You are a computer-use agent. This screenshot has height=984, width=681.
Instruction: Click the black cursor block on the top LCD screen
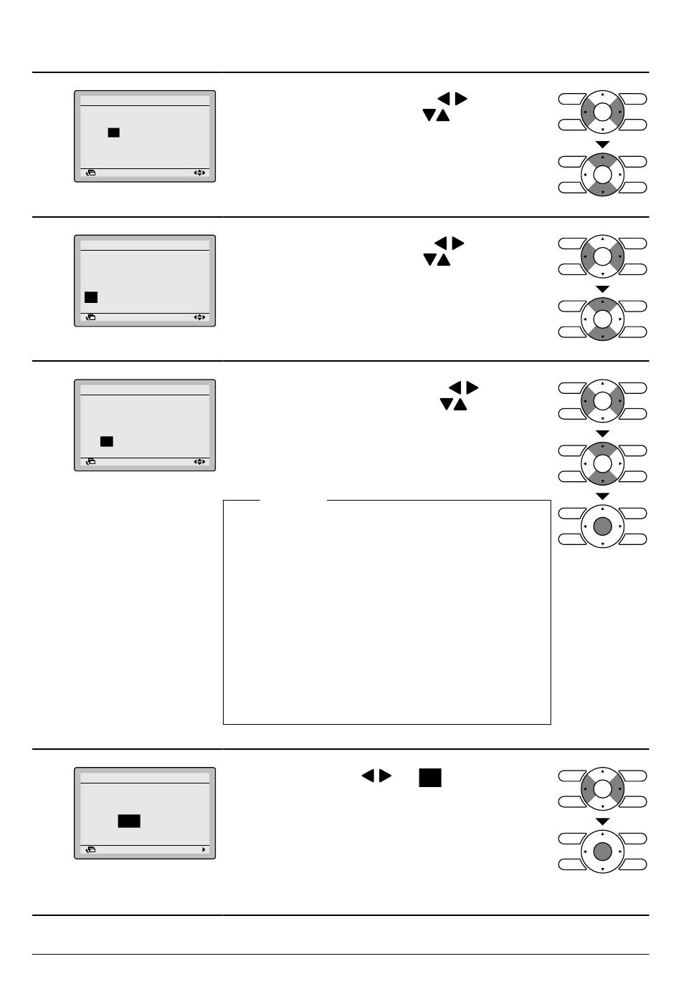click(x=113, y=132)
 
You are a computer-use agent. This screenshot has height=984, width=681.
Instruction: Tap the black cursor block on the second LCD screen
click(x=91, y=297)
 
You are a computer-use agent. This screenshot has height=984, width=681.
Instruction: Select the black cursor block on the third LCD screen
click(x=107, y=441)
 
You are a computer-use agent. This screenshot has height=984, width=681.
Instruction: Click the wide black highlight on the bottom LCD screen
click(x=129, y=821)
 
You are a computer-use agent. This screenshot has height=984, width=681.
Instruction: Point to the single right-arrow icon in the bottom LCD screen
click(x=204, y=850)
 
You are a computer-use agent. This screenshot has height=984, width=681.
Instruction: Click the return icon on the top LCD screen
click(x=90, y=173)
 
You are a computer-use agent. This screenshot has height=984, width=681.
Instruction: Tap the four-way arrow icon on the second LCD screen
click(x=199, y=317)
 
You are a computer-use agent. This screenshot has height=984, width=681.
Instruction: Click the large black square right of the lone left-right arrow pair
click(x=430, y=778)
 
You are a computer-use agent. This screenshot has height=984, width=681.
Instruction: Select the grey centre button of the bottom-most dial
click(x=602, y=851)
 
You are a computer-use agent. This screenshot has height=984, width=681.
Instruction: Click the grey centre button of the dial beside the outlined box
click(x=602, y=526)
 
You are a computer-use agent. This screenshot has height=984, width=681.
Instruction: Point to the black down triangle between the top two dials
click(x=603, y=145)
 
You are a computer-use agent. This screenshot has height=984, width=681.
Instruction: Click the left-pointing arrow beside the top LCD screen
click(x=443, y=98)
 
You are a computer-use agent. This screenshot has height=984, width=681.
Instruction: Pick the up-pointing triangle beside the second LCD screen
click(x=444, y=260)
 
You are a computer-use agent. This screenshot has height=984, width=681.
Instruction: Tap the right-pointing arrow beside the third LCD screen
click(x=472, y=387)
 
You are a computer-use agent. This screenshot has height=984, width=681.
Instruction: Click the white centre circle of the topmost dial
click(x=602, y=112)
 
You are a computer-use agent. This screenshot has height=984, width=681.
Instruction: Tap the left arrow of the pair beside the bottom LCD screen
click(x=368, y=776)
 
